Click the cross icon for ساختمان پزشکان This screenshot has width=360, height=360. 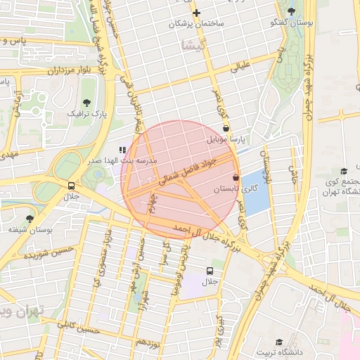(197, 13)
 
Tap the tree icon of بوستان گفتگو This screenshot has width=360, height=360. (291, 11)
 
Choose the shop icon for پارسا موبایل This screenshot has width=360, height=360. (226, 129)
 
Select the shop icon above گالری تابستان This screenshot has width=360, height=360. (236, 179)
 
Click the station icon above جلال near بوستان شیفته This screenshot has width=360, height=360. (71, 186)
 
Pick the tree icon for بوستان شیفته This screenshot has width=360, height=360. (30, 219)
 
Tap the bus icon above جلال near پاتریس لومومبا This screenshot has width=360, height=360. (210, 271)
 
